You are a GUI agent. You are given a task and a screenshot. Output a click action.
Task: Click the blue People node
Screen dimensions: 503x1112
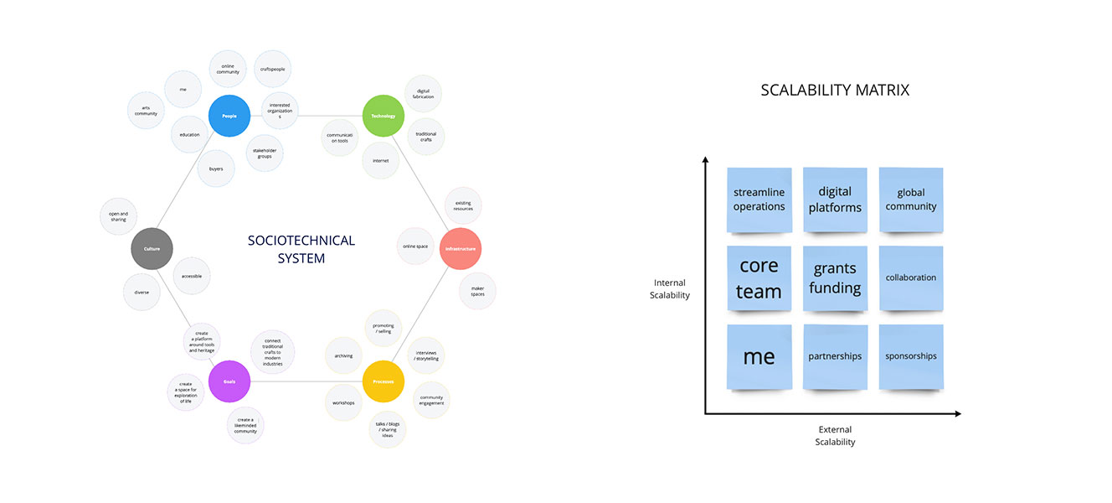pos(229,116)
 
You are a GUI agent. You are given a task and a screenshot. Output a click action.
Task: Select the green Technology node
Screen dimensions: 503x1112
pos(384,116)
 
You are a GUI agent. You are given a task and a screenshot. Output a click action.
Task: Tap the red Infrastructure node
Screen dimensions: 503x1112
pos(461,249)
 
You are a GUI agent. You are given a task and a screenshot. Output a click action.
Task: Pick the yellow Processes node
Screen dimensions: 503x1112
pos(384,382)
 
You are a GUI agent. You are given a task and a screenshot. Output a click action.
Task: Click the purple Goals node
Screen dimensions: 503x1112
pos(229,382)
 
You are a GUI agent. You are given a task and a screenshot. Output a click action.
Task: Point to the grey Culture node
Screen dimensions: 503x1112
pos(152,249)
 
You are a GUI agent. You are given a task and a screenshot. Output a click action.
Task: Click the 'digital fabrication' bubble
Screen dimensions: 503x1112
pos(424,94)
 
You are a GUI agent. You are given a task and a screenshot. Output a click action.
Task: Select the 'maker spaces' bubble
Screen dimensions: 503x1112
pos(477,291)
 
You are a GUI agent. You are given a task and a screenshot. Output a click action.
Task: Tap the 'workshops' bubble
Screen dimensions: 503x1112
pos(343,403)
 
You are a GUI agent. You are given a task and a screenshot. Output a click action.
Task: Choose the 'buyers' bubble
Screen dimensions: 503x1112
pos(216,169)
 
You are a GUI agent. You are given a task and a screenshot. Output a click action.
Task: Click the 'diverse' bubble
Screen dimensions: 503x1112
pos(142,293)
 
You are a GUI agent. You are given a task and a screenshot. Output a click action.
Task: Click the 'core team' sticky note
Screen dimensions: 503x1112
pos(759,278)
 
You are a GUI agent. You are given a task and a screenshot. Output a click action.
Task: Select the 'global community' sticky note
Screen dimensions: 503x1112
pos(910,200)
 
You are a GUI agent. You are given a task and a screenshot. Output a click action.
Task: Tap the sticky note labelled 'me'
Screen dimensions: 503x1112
pos(759,356)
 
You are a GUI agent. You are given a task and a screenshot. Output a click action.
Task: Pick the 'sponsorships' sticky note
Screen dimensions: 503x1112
pos(910,356)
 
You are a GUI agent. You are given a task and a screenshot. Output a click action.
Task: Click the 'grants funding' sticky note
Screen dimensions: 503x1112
pos(835,278)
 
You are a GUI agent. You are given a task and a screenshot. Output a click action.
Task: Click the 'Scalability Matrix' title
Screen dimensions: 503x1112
pos(835,90)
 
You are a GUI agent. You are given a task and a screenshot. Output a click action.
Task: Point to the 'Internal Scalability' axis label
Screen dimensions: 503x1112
pos(670,289)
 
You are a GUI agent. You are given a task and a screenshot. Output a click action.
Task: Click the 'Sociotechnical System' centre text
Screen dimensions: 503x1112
pos(301,249)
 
